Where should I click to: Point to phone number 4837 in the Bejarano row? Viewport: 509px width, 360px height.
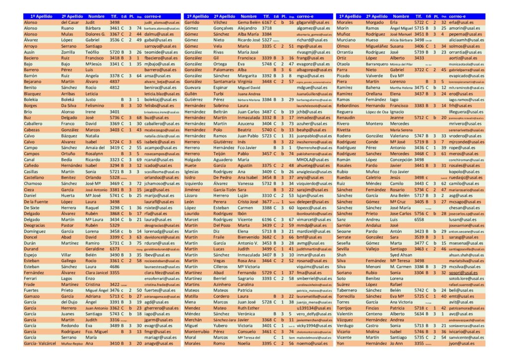click(115, 81)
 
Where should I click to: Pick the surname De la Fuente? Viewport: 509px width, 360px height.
click(36, 202)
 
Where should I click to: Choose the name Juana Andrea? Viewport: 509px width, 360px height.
click(250, 93)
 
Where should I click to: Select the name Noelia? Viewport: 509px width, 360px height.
click(244, 343)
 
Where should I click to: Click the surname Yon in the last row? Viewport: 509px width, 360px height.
click(341, 343)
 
